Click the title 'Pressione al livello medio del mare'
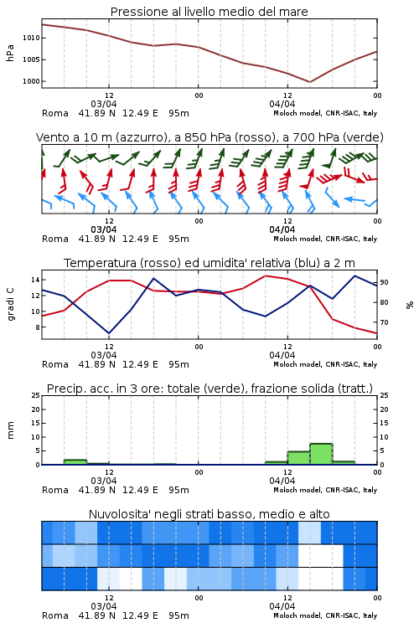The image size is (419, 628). pyautogui.click(x=209, y=12)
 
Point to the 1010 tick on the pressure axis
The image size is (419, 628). pyautogui.click(x=31, y=38)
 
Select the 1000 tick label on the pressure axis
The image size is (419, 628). pyautogui.click(x=31, y=81)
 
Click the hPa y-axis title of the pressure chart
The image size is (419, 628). pyautogui.click(x=10, y=53)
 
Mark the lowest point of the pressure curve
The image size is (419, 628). pyautogui.click(x=309, y=82)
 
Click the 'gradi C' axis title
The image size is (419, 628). pyautogui.click(x=11, y=304)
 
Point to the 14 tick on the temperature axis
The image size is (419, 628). pyautogui.click(x=36, y=280)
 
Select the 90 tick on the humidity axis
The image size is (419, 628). pyautogui.click(x=384, y=282)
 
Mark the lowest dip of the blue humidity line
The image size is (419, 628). pyautogui.click(x=109, y=333)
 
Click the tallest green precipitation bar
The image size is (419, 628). pyautogui.click(x=321, y=454)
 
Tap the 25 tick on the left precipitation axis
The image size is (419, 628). pyautogui.click(x=36, y=395)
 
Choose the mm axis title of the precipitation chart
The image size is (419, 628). pyautogui.click(x=11, y=430)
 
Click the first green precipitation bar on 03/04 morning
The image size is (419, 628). pyautogui.click(x=75, y=461)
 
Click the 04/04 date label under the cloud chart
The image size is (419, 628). pyautogui.click(x=282, y=606)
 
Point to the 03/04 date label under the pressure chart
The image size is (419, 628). pyautogui.click(x=104, y=104)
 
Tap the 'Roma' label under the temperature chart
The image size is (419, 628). pyautogui.click(x=55, y=364)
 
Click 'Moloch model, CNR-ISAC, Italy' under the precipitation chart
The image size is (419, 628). pyautogui.click(x=325, y=490)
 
